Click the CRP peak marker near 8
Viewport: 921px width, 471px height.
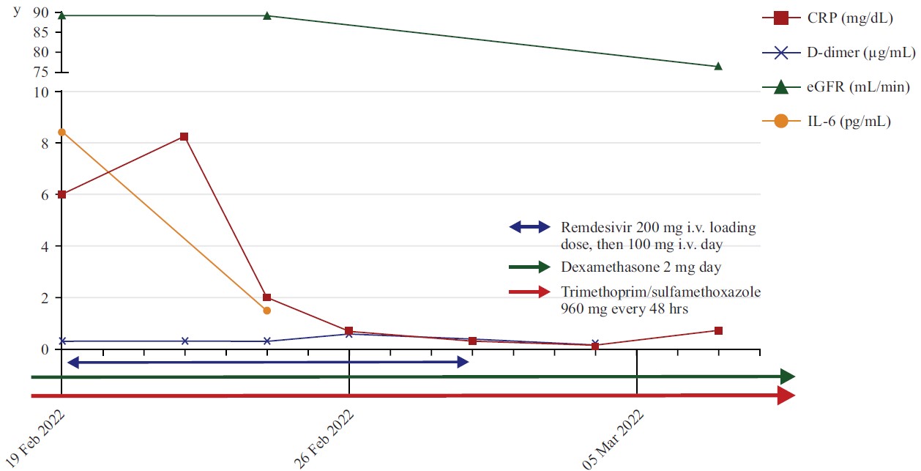click(x=184, y=137)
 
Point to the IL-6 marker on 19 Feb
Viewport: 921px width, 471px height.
click(x=62, y=132)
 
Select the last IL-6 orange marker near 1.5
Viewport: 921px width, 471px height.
click(x=266, y=311)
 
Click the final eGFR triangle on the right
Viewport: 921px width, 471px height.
click(x=718, y=67)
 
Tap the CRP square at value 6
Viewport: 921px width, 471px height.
click(x=62, y=194)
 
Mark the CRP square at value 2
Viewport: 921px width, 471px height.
click(x=266, y=297)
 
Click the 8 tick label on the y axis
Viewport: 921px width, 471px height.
click(x=45, y=144)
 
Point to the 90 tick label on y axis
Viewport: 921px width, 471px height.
click(x=40, y=13)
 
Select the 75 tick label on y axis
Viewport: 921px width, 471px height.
click(x=40, y=72)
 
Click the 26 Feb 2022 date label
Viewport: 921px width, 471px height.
click(x=324, y=437)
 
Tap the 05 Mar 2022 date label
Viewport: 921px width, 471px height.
click(x=613, y=437)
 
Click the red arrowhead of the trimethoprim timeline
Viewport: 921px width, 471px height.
click(x=786, y=396)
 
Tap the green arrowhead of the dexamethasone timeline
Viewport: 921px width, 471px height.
click(x=788, y=377)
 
